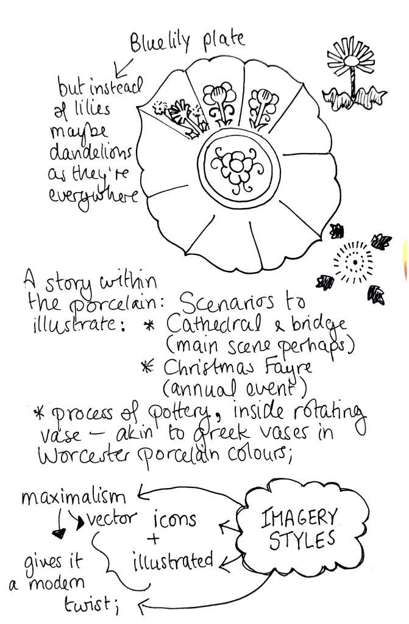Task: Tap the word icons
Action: (x=175, y=519)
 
